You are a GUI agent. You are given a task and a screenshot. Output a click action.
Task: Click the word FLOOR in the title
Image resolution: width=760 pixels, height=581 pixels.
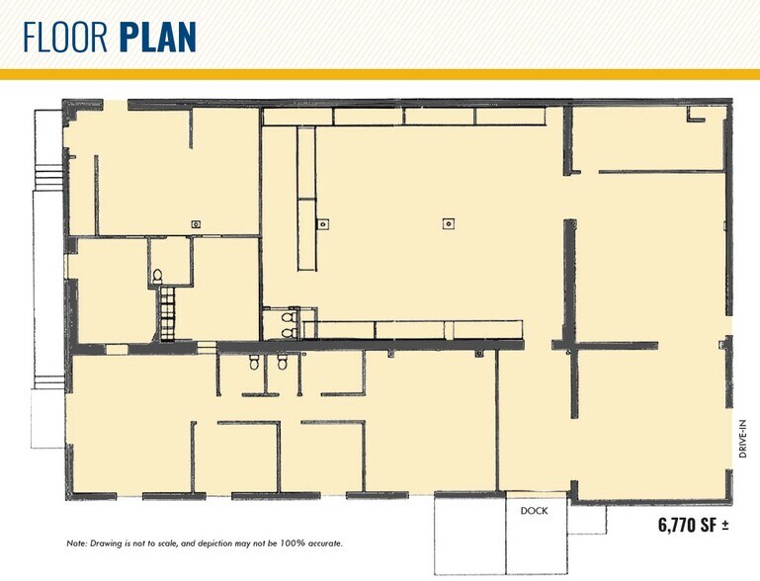click(66, 38)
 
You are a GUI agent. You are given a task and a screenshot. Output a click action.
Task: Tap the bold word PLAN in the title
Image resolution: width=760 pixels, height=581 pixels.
click(157, 38)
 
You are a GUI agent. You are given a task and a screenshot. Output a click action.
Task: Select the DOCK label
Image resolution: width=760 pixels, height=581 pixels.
click(534, 511)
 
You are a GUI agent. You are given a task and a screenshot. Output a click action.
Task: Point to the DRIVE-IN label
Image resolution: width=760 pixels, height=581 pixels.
click(742, 439)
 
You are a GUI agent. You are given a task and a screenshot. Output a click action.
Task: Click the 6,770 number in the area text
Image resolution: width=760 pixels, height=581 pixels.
click(676, 525)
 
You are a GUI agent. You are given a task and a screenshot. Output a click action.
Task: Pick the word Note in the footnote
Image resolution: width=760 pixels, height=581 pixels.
click(76, 543)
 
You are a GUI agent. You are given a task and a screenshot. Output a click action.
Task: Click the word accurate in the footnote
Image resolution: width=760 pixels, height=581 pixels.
click(325, 543)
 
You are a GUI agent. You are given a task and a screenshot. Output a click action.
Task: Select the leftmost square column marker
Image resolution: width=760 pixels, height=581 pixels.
click(196, 224)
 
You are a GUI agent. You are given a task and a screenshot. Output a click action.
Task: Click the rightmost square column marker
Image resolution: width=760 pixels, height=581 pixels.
click(449, 224)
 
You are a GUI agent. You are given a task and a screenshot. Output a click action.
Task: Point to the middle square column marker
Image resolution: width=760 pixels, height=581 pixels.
click(323, 224)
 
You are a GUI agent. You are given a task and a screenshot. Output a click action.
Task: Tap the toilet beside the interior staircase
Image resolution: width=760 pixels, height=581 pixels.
click(157, 277)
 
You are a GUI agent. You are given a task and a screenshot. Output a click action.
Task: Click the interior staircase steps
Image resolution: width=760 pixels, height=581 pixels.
click(167, 314)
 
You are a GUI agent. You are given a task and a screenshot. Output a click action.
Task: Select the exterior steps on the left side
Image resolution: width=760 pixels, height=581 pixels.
click(49, 177)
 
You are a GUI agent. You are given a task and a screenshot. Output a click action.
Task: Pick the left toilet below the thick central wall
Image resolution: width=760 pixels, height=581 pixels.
click(254, 362)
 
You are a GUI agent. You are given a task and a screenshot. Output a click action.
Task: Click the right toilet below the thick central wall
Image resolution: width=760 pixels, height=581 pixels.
click(282, 362)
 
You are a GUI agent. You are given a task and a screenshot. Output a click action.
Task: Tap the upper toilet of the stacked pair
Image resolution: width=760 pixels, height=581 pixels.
click(289, 317)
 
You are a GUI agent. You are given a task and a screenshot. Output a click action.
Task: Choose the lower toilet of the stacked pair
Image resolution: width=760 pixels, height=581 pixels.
click(289, 333)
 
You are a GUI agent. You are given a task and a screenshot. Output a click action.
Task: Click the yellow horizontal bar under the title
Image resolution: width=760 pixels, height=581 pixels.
click(380, 74)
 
